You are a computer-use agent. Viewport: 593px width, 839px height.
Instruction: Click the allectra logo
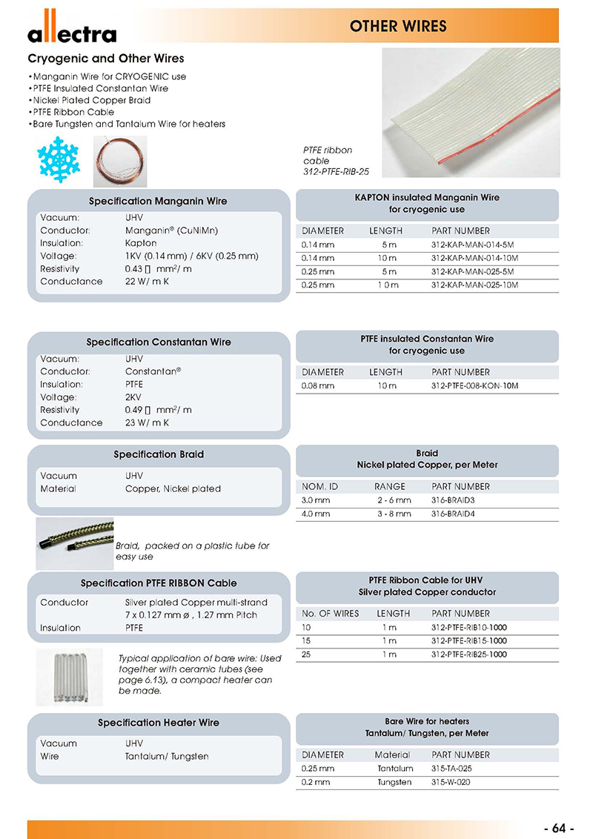pos(72,30)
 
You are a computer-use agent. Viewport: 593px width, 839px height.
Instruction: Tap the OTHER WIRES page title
pos(398,27)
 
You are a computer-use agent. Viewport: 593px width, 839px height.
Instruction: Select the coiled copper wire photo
pos(121,161)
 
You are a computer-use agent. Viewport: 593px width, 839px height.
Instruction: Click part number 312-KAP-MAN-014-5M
pos(472,245)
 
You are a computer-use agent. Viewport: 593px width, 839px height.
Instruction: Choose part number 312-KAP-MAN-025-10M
pos(474,285)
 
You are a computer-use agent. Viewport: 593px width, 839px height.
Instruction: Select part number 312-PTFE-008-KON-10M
pos(474,385)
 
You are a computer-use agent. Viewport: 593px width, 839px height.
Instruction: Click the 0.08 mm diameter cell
pos(318,385)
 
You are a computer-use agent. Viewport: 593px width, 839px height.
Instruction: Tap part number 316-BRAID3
pos(454,500)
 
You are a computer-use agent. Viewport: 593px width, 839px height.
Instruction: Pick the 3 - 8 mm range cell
pos(393,513)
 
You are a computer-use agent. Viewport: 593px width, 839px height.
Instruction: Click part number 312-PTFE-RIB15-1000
pos(468,641)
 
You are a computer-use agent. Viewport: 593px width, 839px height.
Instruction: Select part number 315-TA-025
pos(451,769)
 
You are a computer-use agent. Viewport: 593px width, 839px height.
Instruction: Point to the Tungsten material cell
pos(394,782)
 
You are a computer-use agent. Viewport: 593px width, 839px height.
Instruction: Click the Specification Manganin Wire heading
pos(158,202)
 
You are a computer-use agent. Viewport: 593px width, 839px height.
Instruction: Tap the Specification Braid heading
pos(158,454)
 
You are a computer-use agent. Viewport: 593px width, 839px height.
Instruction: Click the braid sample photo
pos(74,543)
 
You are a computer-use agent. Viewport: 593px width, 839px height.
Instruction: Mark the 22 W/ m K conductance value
pos(148,282)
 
